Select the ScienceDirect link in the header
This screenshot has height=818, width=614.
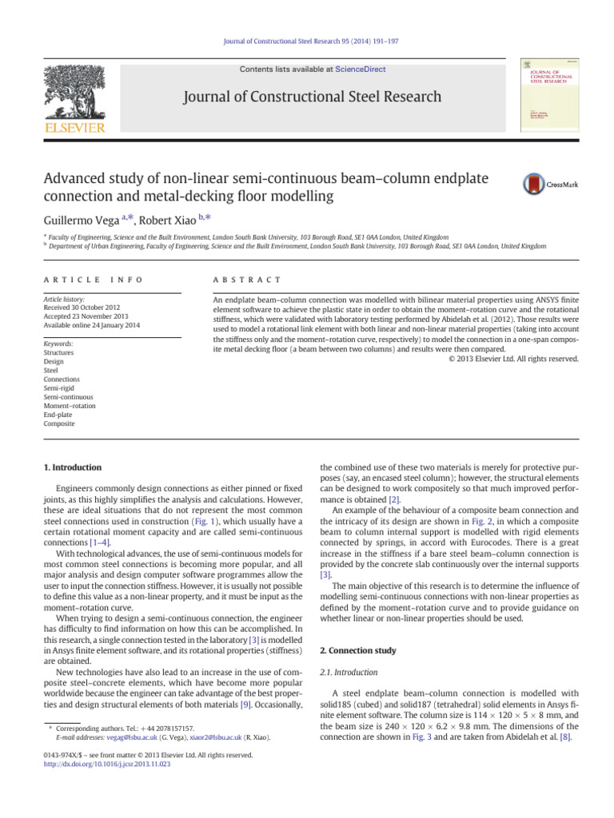coord(360,69)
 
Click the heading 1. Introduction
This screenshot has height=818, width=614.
coord(72,467)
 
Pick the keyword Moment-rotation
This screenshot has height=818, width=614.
coord(70,405)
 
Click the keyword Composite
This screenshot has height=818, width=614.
coord(61,424)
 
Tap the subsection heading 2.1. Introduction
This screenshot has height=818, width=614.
coord(345,673)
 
